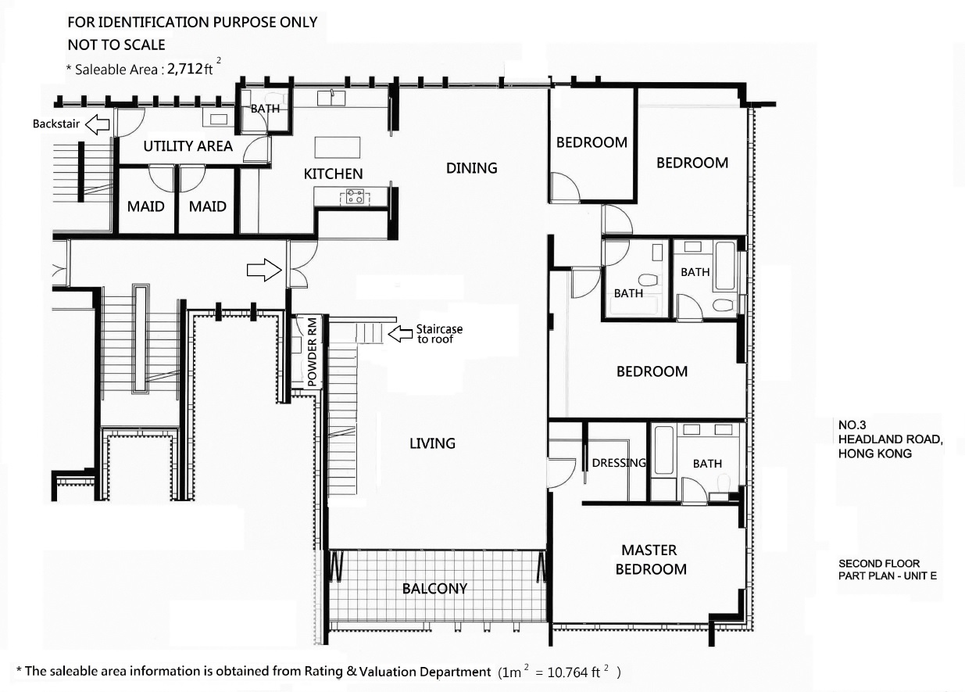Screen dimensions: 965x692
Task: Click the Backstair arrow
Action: (97, 124)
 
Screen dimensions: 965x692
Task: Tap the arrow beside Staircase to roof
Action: (400, 333)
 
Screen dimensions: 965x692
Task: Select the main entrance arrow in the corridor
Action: (264, 271)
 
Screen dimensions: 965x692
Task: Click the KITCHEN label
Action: (333, 174)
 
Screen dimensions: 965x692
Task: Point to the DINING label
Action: (472, 167)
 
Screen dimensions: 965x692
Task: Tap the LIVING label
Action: (432, 443)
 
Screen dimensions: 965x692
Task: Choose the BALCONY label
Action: (434, 589)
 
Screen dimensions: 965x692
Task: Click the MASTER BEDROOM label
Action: (651, 560)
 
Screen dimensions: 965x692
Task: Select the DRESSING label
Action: (619, 463)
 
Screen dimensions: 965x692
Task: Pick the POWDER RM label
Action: (313, 352)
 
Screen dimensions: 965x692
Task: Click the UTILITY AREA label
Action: (188, 146)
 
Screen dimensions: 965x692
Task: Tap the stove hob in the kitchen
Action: (355, 197)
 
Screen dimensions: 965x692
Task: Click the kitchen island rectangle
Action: (338, 148)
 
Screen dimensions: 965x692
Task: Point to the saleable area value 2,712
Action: (185, 69)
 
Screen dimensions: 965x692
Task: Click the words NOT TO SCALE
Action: (116, 45)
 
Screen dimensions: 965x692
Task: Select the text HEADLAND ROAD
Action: (890, 439)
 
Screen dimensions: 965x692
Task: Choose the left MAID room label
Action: (145, 206)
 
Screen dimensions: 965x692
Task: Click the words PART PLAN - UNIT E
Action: (888, 576)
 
